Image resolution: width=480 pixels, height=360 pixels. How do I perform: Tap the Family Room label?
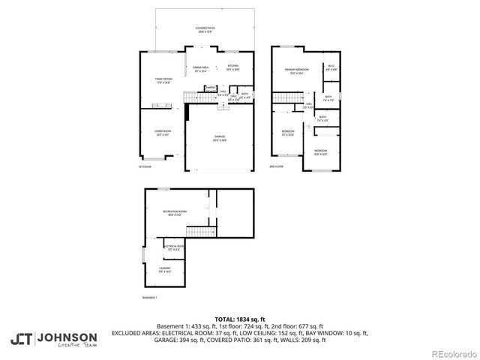pos(163,81)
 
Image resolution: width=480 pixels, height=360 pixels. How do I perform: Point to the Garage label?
pos(220,138)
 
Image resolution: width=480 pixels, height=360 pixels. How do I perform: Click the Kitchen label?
pos(233,67)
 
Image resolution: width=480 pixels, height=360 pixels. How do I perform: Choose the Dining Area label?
pos(200,70)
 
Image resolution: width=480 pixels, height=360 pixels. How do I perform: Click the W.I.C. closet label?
pos(331,67)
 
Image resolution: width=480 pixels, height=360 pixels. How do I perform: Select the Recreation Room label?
pos(175,213)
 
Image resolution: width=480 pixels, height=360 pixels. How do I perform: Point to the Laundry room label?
pos(164,269)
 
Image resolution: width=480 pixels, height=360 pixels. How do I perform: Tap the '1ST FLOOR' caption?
pos(145,166)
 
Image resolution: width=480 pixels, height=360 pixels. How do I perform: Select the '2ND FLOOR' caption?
pos(277,166)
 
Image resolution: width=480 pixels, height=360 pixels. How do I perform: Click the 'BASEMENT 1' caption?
pos(150,298)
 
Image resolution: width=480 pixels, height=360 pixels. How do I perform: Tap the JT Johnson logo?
pos(53,340)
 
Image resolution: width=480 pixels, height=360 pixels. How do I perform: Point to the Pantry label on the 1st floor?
pos(211,88)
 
